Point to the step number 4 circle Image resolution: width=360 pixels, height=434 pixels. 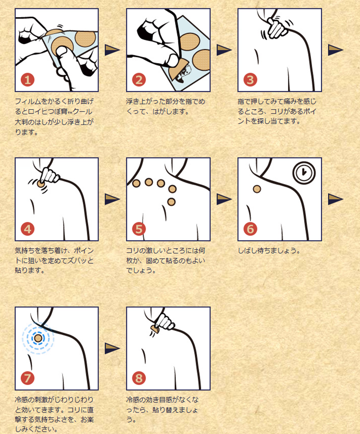tap(28, 229)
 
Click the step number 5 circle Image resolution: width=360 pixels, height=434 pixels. tap(139, 229)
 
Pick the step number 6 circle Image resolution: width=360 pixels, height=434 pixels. tap(251, 229)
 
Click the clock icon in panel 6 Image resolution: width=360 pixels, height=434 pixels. tap(304, 172)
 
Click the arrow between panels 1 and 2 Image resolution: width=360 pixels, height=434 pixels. tap(112, 50)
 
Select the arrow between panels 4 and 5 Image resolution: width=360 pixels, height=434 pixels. tap(112, 199)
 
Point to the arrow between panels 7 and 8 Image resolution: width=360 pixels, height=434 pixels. tap(112, 347)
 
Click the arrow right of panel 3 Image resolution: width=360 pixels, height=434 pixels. tap(335, 50)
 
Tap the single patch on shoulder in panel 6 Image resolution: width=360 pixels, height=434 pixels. tap(257, 189)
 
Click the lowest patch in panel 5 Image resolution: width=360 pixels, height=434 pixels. tap(171, 201)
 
